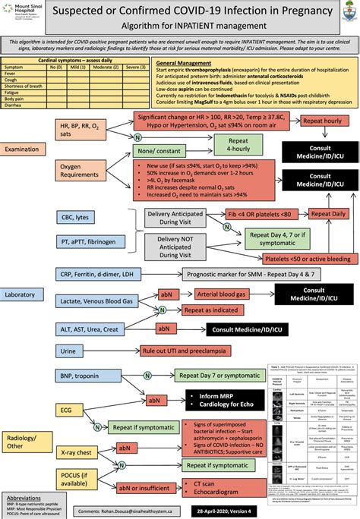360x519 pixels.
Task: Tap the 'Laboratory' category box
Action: pos(27,294)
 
